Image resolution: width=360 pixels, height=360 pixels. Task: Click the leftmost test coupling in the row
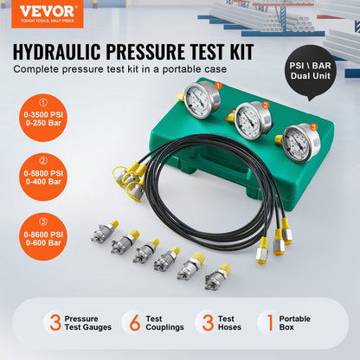click(x=103, y=232)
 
